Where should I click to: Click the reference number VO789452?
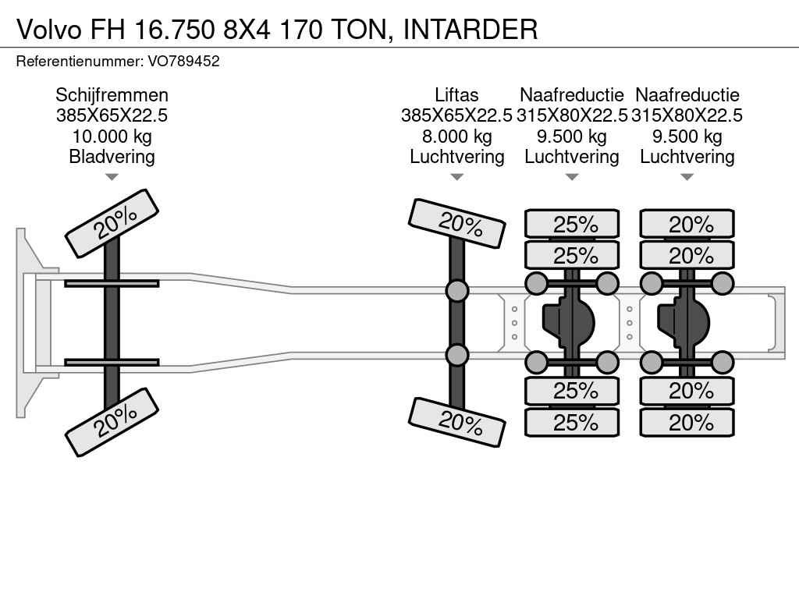pos(183,61)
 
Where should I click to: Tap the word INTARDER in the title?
pos(471,29)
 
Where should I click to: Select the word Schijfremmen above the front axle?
pos(112,95)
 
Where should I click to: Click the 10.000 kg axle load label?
pos(112,136)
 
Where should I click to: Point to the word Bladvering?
pos(112,157)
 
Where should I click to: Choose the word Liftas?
pos(456,95)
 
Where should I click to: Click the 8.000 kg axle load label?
pos(456,136)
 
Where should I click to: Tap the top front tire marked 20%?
pos(112,222)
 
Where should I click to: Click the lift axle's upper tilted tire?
pos(457,223)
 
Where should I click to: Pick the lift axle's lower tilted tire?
pos(457,422)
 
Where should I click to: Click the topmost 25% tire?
pos(572,225)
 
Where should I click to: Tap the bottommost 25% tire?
pos(572,423)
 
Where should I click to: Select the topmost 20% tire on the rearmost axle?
pos(687,225)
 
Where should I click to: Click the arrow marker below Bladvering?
pos(112,178)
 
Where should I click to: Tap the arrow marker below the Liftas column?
pos(456,178)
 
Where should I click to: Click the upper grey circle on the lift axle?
pos(457,291)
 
